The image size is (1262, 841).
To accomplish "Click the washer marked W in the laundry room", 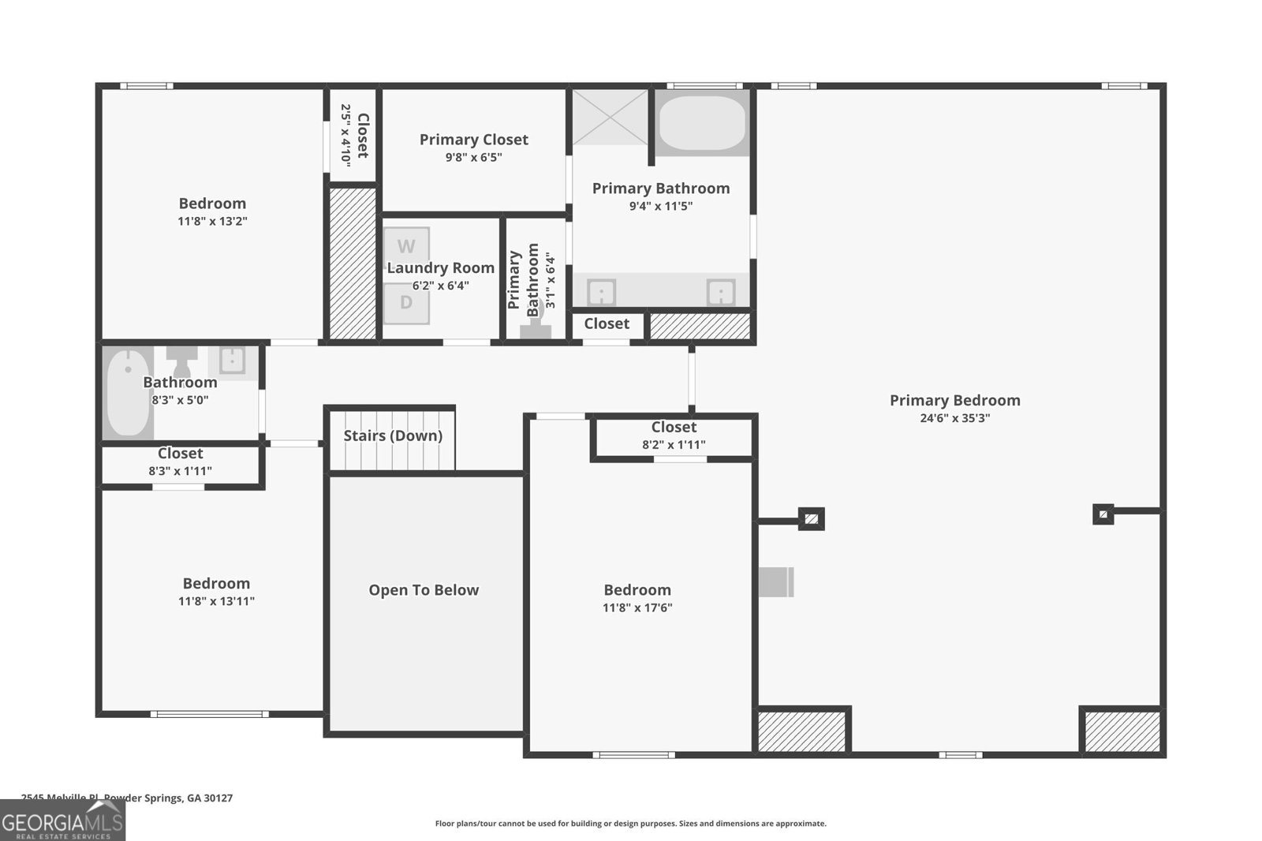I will pyautogui.click(x=406, y=246).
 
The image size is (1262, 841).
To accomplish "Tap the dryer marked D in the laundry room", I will pyautogui.click(x=406, y=303).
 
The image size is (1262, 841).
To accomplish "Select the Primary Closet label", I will pyautogui.click(x=473, y=140).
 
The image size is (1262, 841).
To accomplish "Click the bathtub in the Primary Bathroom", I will pyautogui.click(x=701, y=123).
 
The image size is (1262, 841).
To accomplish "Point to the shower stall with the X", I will pyautogui.click(x=610, y=118).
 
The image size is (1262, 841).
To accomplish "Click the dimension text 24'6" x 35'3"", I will pyautogui.click(x=954, y=418).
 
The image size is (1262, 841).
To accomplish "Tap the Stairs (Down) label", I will pyautogui.click(x=392, y=435).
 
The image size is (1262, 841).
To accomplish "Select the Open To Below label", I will pyautogui.click(x=424, y=590).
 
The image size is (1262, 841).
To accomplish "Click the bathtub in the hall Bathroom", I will pyautogui.click(x=129, y=393).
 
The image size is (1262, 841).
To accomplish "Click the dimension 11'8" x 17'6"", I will pyautogui.click(x=637, y=607).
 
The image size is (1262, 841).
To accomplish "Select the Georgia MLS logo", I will pyautogui.click(x=62, y=820).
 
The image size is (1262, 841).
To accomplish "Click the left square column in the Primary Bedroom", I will pyautogui.click(x=812, y=519).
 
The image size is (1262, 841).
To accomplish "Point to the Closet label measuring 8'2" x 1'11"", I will pyautogui.click(x=674, y=427).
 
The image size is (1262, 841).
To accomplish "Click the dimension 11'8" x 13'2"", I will pyautogui.click(x=212, y=222).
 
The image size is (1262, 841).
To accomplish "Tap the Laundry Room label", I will pyautogui.click(x=440, y=268).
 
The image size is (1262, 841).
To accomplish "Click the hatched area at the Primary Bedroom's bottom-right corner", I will pyautogui.click(x=1122, y=731).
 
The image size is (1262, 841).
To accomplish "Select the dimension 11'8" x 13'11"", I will pyautogui.click(x=216, y=601).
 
